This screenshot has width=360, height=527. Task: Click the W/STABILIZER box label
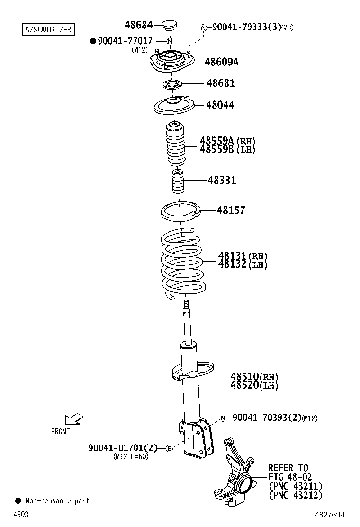(x=48, y=29)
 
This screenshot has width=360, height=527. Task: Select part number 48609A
(x=221, y=62)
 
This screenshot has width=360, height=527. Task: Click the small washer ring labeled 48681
(x=172, y=85)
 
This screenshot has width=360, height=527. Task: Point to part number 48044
(x=220, y=105)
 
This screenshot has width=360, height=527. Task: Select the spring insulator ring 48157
(x=181, y=211)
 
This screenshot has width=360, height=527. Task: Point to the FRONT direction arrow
(x=74, y=419)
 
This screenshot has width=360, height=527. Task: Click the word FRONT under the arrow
(x=60, y=431)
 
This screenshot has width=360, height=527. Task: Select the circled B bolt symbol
(x=168, y=448)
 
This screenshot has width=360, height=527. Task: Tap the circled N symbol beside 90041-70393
(x=222, y=418)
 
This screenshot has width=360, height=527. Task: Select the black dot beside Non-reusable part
(x=18, y=500)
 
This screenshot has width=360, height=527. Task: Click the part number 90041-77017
(x=125, y=41)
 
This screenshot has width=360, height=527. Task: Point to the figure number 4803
(x=20, y=514)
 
